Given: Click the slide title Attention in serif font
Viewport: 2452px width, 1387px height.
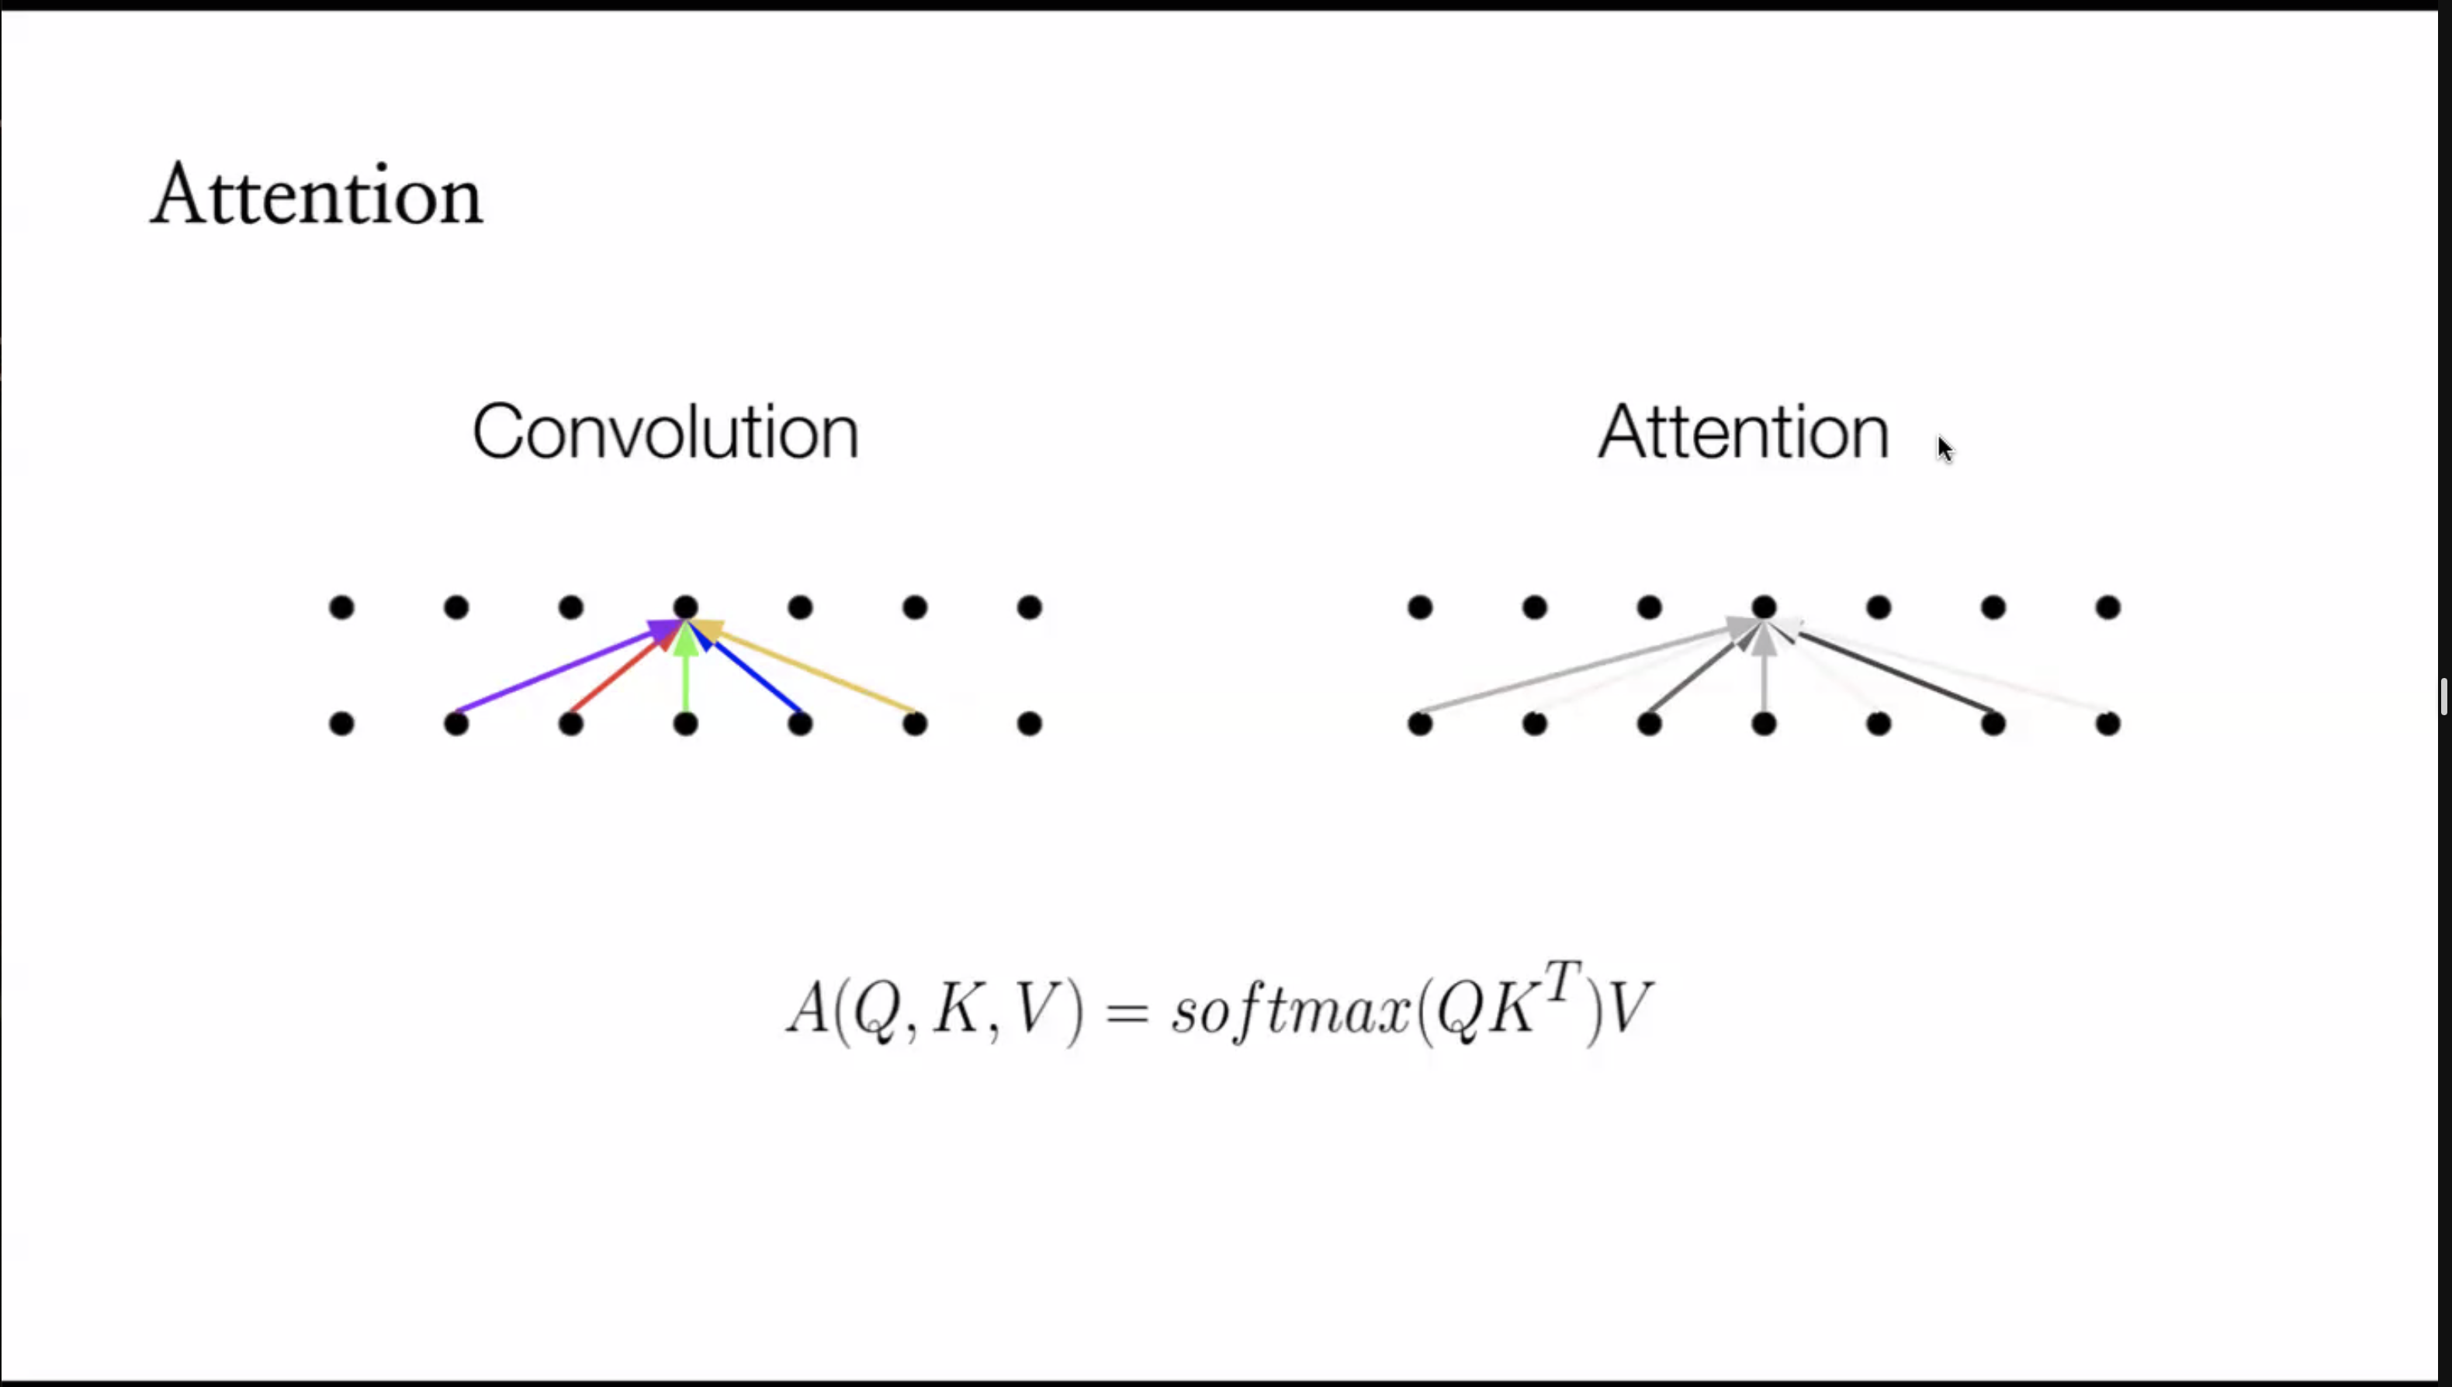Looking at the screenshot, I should click(317, 195).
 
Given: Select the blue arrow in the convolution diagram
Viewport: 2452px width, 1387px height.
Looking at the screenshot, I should click(757, 678).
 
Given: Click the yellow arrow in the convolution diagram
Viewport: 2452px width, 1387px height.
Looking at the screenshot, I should click(819, 673).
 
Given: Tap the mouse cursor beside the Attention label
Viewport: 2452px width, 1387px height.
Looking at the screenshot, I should click(1945, 448).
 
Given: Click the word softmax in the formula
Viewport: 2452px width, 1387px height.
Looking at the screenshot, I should click(1290, 1010).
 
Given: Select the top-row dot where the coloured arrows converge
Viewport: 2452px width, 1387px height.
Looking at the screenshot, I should click(686, 607).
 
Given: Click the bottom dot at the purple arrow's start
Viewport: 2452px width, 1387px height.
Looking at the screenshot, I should click(456, 724).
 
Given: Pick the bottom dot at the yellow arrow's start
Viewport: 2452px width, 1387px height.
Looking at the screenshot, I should click(915, 724).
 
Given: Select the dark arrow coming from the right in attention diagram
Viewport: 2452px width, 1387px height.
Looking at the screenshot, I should click(1896, 673).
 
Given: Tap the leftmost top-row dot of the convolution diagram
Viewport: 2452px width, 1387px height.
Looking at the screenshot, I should click(342, 607).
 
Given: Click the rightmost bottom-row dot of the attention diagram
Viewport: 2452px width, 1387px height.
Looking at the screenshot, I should click(2107, 724).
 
